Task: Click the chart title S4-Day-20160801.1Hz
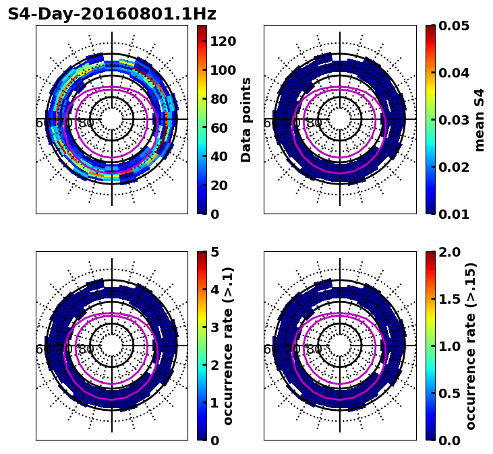tap(112, 14)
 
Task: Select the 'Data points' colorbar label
tap(246, 119)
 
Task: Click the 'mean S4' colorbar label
tap(480, 119)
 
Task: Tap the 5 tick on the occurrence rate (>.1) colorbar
tap(214, 252)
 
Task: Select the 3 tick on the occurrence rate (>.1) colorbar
tap(214, 327)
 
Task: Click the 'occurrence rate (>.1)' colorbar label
tap(228, 346)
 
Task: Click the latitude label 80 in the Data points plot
tap(86, 123)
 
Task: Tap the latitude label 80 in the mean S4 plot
tap(314, 123)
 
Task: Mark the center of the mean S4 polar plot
tap(340, 119)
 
